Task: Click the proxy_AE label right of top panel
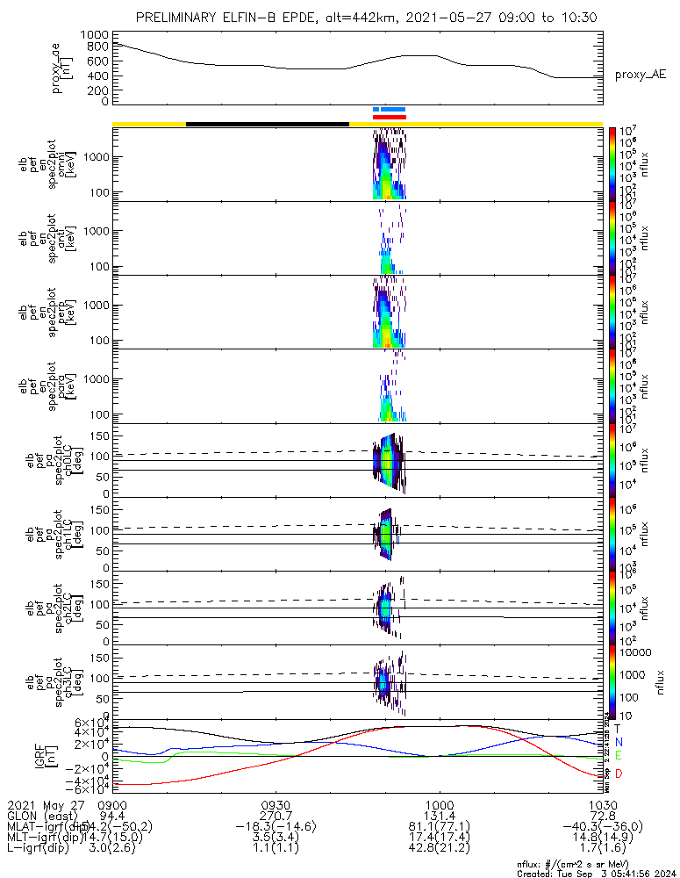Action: click(640, 76)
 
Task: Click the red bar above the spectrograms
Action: click(390, 116)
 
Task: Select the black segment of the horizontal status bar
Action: click(268, 124)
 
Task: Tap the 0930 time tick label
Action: click(276, 804)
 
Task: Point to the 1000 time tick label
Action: click(439, 804)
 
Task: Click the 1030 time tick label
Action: click(601, 804)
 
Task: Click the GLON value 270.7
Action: click(276, 815)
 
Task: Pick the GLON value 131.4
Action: click(439, 815)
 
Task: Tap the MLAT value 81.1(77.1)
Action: click(439, 825)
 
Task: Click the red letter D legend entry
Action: click(618, 774)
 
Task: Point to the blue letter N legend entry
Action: click(618, 742)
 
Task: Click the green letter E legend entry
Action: click(618, 756)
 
